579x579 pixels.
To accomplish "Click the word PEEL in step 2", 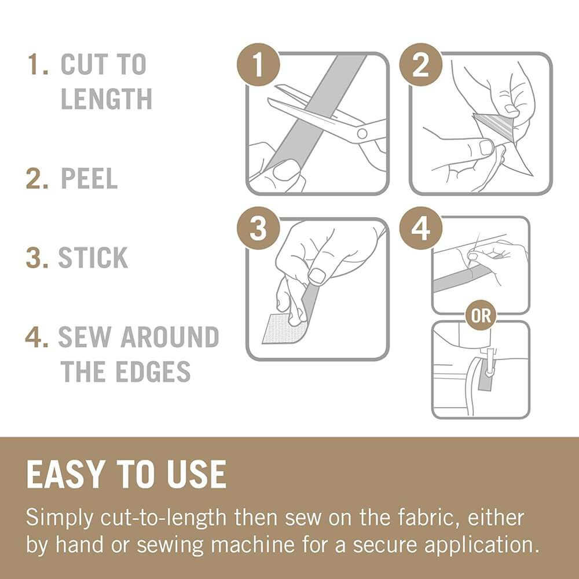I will click(x=89, y=179).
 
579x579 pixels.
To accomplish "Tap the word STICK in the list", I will click(x=93, y=258).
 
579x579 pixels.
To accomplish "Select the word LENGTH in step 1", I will click(x=106, y=99).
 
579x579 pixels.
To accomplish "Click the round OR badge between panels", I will click(x=481, y=316).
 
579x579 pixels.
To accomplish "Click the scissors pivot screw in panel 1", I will click(x=362, y=134).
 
